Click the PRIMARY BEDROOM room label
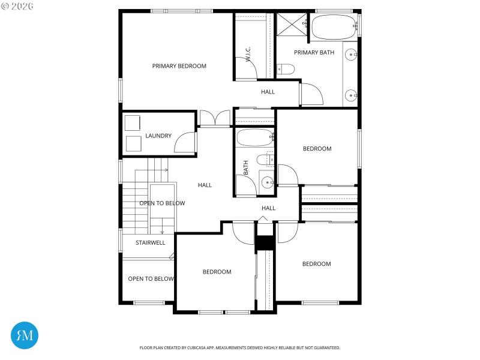click(179, 66)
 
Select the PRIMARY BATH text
click(314, 53)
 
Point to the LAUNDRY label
click(158, 136)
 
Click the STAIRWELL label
click(150, 243)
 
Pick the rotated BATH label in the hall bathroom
click(246, 167)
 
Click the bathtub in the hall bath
click(254, 138)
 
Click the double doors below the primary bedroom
click(214, 118)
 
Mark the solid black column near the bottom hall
click(265, 242)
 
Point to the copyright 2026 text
click(17, 6)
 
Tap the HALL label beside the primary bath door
click(268, 92)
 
